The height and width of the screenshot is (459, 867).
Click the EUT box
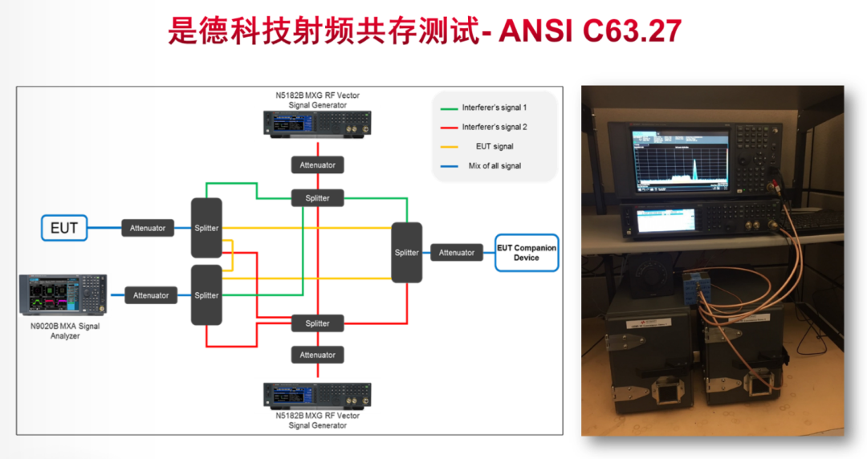64,228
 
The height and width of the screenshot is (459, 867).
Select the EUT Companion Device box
526,253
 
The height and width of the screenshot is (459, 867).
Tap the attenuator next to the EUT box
148,228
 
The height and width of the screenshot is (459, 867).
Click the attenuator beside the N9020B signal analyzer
151,295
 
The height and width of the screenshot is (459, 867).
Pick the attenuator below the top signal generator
317,165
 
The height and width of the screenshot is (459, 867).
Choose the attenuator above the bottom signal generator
317,355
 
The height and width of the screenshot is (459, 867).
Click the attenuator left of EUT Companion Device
457,253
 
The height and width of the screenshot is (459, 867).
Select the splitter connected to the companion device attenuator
407,253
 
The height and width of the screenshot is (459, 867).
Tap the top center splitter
317,197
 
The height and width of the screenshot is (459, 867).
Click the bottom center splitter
317,323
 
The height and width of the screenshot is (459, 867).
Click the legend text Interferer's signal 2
495,127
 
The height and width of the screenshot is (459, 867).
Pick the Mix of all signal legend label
495,166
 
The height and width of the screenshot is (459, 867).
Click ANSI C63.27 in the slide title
590,30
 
